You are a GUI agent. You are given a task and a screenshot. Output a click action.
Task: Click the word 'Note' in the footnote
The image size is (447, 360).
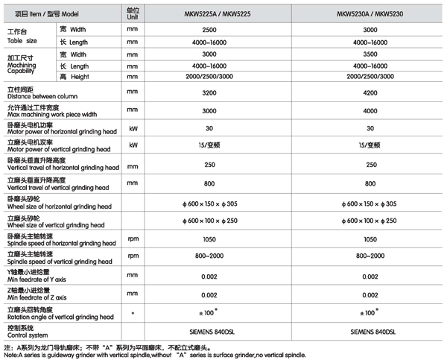coord(10,355)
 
